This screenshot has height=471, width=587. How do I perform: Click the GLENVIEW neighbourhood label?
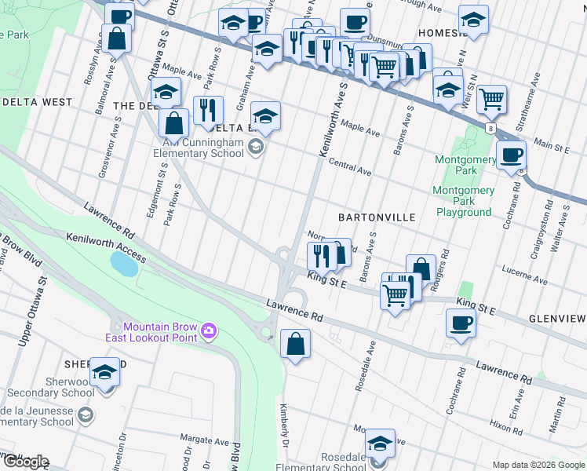(x=557, y=318)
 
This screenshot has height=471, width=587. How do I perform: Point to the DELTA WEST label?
(x=37, y=102)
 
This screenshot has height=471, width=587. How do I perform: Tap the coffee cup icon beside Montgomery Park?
(x=511, y=155)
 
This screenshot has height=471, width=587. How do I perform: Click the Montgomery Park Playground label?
(x=464, y=202)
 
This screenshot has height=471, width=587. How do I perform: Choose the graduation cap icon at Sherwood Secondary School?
(x=104, y=373)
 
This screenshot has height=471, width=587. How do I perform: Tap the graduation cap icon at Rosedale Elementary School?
(x=380, y=444)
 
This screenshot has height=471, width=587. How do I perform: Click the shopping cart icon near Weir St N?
(x=491, y=99)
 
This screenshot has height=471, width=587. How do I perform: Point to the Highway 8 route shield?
(x=490, y=129)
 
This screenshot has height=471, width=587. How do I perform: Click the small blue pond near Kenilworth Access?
(x=124, y=264)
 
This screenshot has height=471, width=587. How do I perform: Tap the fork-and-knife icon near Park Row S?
(x=208, y=109)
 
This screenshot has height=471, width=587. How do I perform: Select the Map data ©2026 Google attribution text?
(x=538, y=465)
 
